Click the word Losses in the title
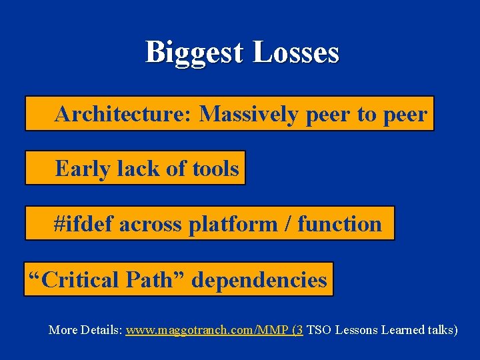click(295, 53)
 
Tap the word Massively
click(249, 115)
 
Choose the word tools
click(215, 168)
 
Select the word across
click(150, 225)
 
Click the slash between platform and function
click(287, 225)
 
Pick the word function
click(339, 224)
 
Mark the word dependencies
click(259, 279)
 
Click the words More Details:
click(85, 329)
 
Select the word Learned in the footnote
click(402, 329)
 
